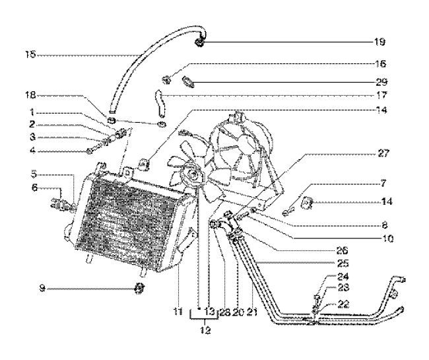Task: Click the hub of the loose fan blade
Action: coord(193,175)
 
